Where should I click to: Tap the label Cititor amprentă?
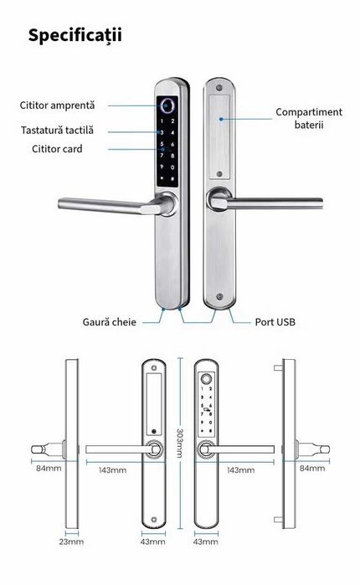click(x=58, y=105)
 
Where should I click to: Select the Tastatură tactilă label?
click(x=57, y=130)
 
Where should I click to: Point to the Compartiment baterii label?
click(x=309, y=118)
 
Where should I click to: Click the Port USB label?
click(x=274, y=321)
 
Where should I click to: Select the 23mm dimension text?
click(x=73, y=542)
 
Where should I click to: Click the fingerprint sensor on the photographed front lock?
click(x=166, y=106)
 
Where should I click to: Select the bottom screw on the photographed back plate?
click(x=219, y=297)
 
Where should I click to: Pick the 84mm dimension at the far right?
click(x=312, y=468)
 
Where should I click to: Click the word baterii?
click(x=308, y=125)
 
